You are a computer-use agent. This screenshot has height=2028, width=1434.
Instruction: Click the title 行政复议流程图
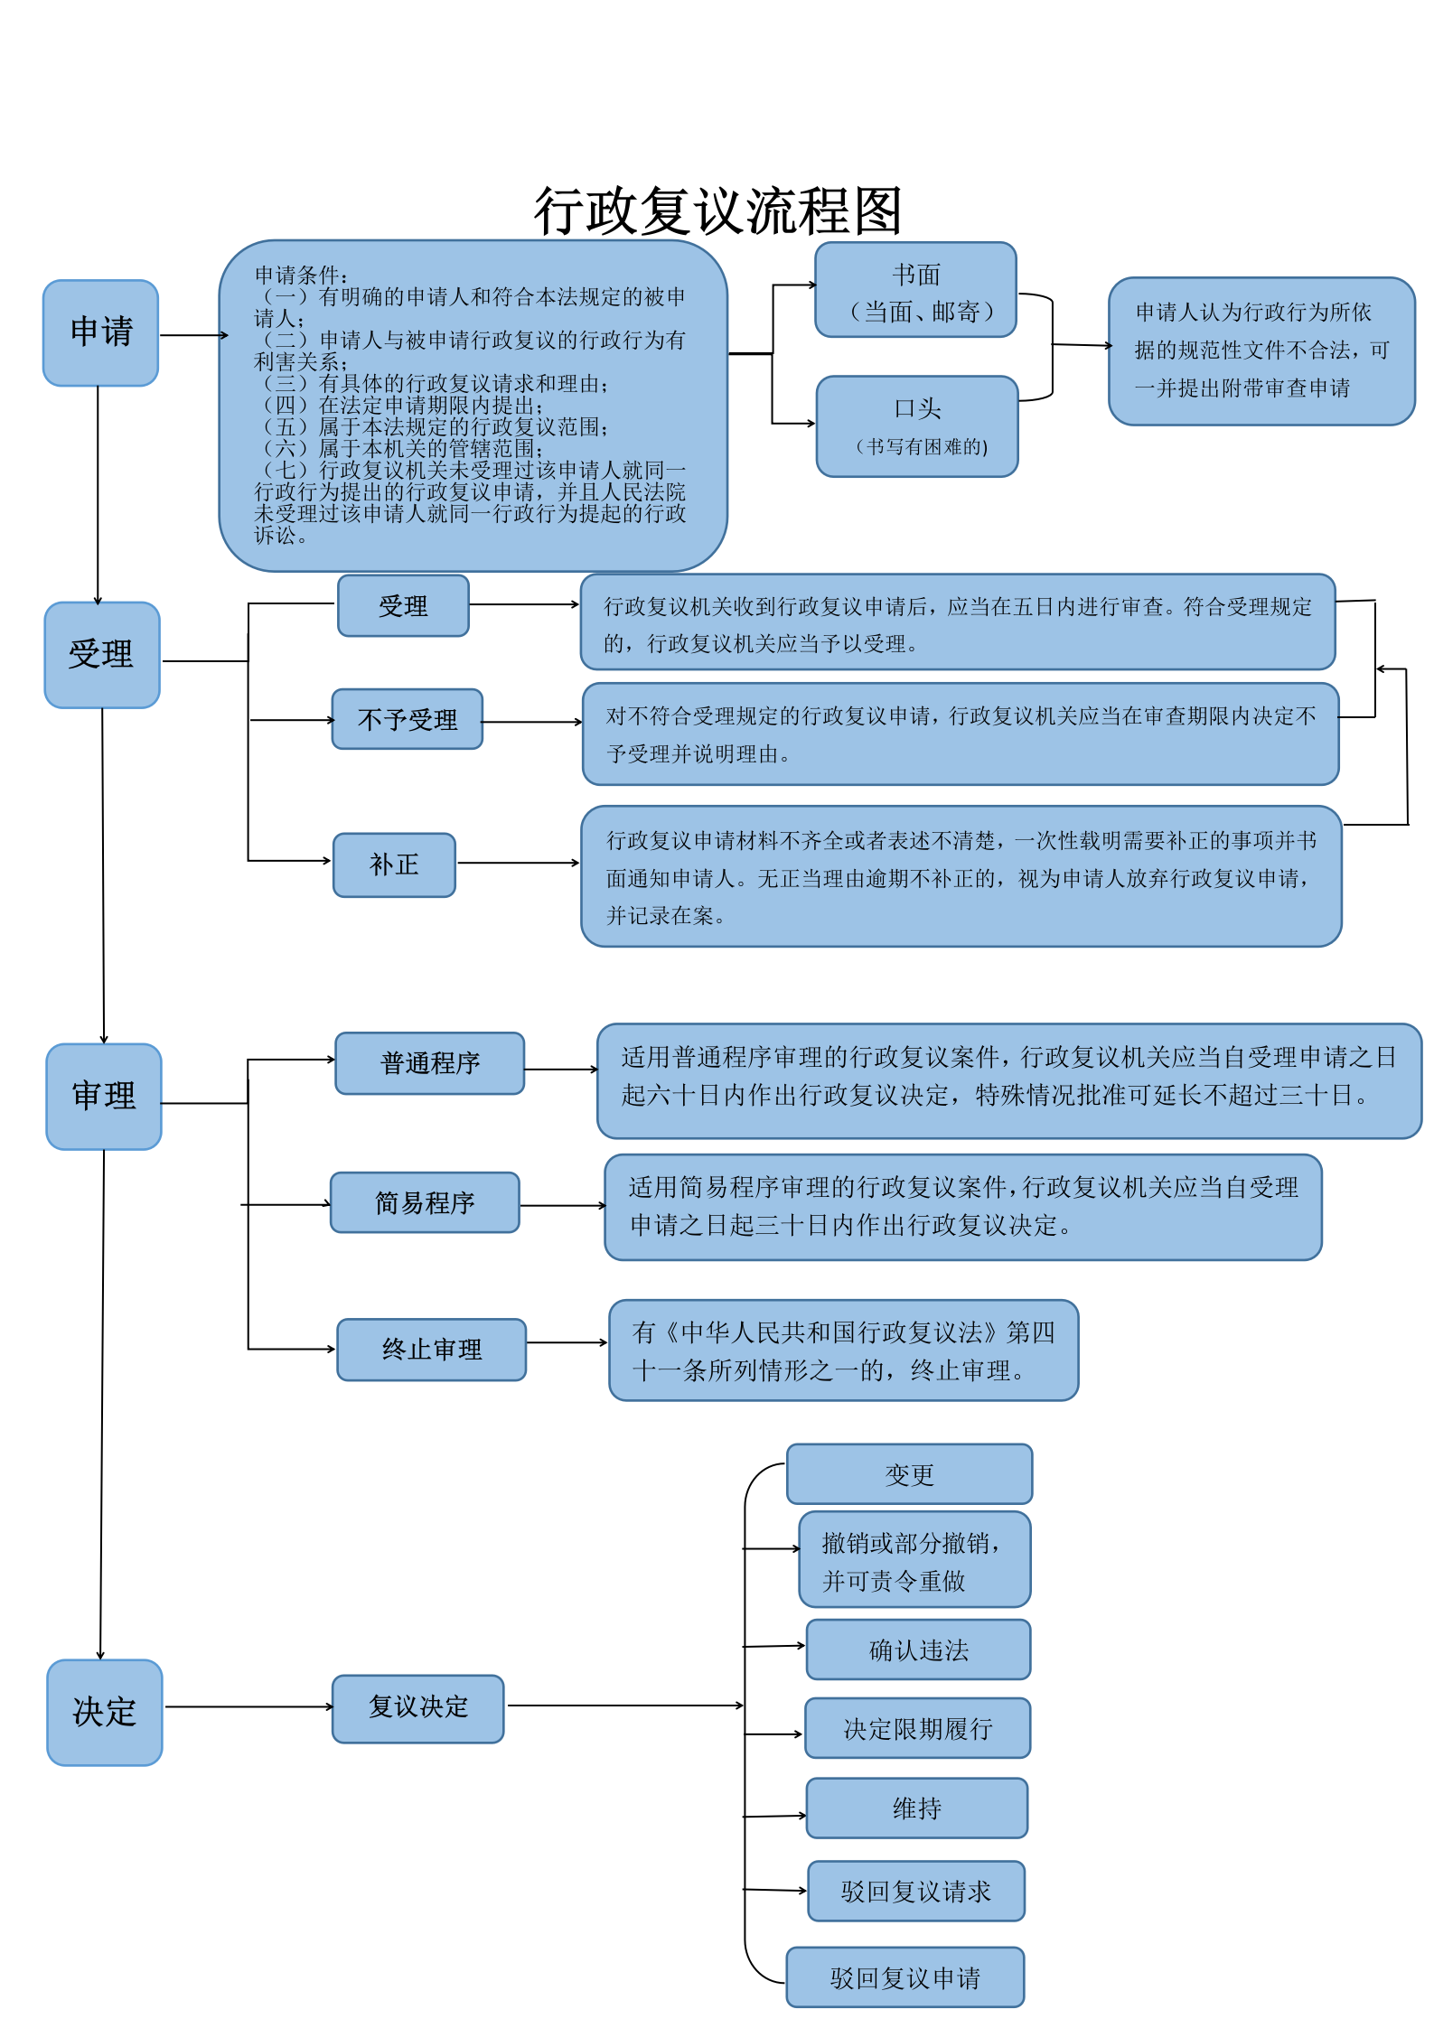717,211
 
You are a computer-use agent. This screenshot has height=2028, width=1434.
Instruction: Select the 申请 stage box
101,332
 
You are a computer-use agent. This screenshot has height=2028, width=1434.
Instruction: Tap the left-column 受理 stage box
102,655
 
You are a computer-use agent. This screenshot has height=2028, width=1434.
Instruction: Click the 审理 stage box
104,1096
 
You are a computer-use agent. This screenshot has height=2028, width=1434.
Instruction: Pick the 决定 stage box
105,1712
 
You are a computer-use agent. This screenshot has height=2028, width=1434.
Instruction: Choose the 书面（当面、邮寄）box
916,290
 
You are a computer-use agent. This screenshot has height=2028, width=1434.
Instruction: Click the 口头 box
917,425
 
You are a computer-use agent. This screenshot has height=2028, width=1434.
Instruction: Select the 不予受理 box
408,719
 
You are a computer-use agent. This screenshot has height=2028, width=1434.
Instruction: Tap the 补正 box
394,864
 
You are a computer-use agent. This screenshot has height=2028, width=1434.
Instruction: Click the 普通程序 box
430,1063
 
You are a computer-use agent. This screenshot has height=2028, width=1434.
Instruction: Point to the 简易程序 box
425,1202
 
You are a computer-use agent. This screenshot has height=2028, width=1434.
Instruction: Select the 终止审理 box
432,1350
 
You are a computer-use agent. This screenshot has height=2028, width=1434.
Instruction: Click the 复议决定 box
418,1708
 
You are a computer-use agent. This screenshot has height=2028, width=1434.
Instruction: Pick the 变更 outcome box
909,1473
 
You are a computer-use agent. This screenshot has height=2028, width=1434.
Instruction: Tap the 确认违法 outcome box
918,1650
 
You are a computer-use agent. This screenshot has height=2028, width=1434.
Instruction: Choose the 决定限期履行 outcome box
917,1728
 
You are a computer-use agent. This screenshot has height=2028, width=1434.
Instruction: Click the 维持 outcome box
916,1808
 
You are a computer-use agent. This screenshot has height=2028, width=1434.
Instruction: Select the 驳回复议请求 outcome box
915,1891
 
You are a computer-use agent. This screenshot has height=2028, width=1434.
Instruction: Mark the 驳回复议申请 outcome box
904,1977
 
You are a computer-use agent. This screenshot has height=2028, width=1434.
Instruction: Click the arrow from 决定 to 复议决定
248,1706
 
